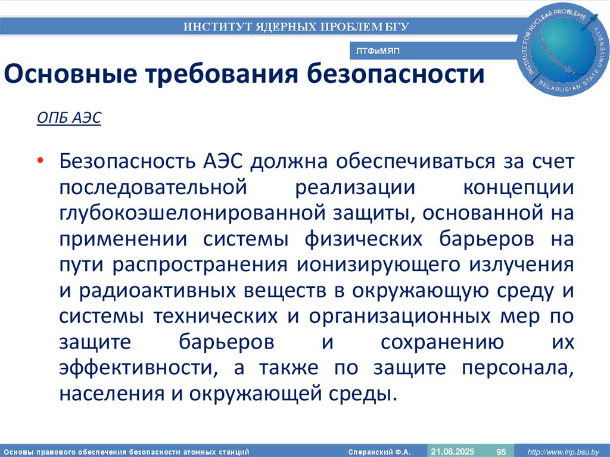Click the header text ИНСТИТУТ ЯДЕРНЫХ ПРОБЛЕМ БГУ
click(x=296, y=26)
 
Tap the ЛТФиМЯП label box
click(x=377, y=52)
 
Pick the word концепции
click(x=518, y=186)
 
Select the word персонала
click(x=516, y=368)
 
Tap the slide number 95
click(x=501, y=451)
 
